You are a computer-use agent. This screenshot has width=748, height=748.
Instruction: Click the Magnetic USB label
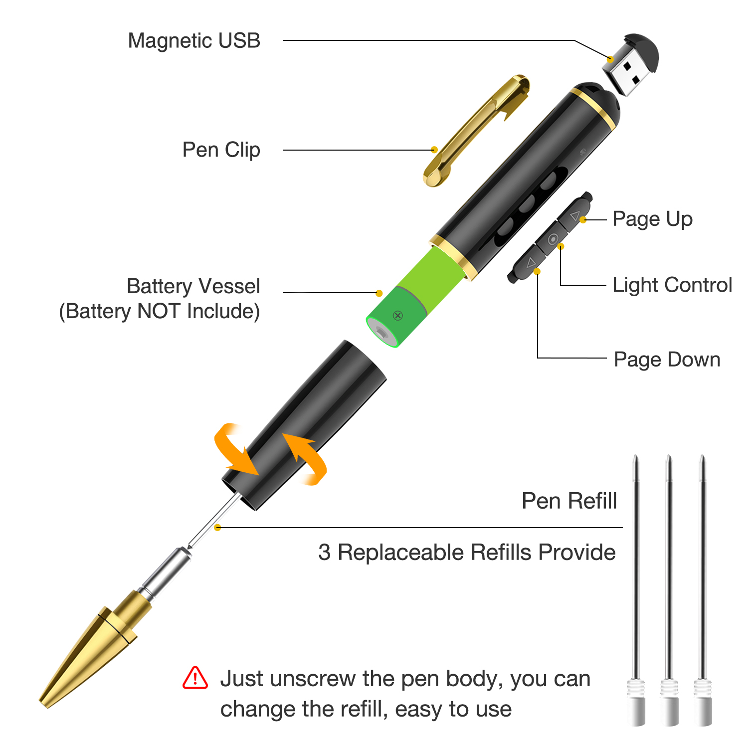[x=194, y=41]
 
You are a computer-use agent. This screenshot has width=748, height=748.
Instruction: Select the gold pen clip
[x=475, y=131]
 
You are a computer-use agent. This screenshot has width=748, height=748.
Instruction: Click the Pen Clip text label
[x=221, y=150]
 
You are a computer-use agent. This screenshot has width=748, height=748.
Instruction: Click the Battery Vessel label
[x=193, y=286]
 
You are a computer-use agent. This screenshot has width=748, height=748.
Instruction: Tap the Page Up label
[x=652, y=219]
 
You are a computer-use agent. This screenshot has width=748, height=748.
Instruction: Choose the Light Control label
[x=672, y=285]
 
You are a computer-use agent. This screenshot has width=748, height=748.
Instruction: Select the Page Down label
[x=667, y=360]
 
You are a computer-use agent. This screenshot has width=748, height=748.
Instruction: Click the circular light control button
[x=553, y=239]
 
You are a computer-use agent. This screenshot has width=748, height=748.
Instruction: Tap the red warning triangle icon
[x=195, y=678]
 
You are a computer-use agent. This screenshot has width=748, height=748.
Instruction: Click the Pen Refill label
[x=569, y=501]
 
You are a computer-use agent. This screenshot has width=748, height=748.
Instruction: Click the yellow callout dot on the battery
[x=379, y=293]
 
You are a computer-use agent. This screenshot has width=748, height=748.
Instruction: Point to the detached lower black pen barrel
[x=304, y=425]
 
